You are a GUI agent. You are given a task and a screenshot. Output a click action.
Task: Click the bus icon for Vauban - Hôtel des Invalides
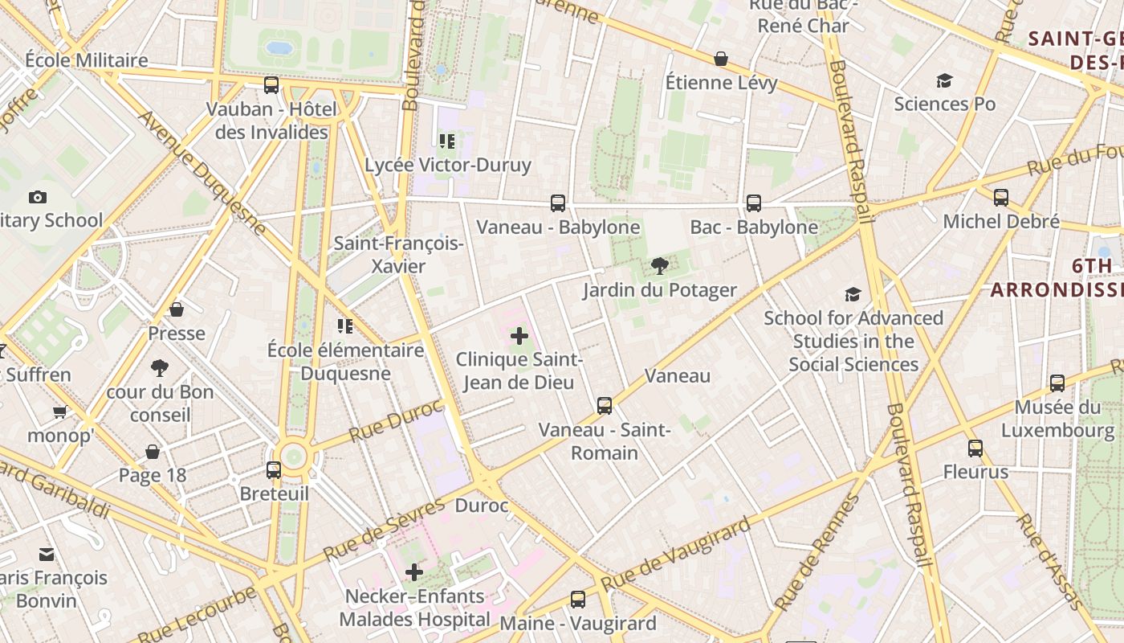(x=271, y=85)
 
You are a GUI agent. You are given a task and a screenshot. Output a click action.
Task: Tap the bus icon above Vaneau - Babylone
(x=558, y=203)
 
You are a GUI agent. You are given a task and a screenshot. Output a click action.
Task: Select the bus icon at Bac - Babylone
(x=754, y=203)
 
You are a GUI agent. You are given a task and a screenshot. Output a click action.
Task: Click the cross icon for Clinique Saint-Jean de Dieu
(x=519, y=336)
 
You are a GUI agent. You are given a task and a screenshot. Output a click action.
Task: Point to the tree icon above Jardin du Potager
(x=659, y=266)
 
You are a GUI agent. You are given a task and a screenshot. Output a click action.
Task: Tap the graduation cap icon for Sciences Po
(x=944, y=80)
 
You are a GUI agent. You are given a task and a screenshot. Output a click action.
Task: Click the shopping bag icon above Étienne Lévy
(x=721, y=59)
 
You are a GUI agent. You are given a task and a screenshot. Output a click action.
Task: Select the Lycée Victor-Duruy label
(x=448, y=166)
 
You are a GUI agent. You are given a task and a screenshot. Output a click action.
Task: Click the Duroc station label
(x=482, y=506)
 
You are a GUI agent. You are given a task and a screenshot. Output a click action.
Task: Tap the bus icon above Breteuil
(x=274, y=469)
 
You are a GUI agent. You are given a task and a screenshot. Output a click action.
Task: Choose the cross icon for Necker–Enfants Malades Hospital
(x=414, y=572)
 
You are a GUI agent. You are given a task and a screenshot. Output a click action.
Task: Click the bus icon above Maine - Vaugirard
(x=578, y=599)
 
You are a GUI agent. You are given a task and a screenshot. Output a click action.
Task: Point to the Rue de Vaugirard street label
(x=676, y=553)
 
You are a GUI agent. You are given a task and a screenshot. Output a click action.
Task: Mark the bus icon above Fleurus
(x=975, y=448)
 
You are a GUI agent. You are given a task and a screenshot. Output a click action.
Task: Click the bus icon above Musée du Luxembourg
(x=1057, y=383)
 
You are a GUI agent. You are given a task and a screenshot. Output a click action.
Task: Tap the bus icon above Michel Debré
(x=1001, y=198)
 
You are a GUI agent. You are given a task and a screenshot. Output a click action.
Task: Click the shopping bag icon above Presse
(x=177, y=309)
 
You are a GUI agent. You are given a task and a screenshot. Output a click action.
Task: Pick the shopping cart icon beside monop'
(x=59, y=412)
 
